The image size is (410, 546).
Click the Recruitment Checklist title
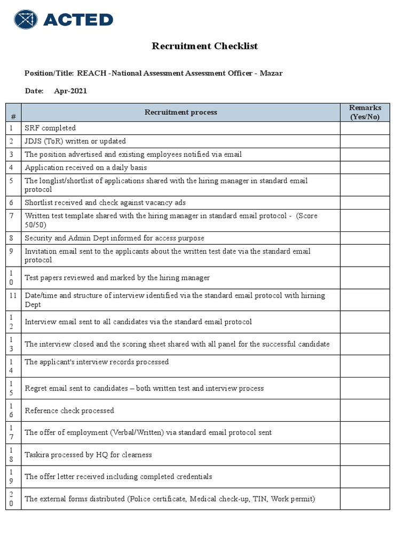(204, 46)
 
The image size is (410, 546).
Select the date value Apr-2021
(70, 91)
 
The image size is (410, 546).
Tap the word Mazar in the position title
(271, 73)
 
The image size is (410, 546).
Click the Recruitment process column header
(180, 113)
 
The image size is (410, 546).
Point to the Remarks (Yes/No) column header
(365, 113)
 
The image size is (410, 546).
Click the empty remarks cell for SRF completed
(365, 128)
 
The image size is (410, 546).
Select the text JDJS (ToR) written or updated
(75, 141)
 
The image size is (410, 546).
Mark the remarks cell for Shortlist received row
(365, 203)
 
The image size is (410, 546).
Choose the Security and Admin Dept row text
(114, 238)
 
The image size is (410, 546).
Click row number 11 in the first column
(13, 295)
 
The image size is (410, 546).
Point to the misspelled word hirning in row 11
(312, 295)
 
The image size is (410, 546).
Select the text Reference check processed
(69, 411)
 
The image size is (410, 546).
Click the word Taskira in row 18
(37, 455)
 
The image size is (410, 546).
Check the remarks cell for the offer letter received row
(365, 477)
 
